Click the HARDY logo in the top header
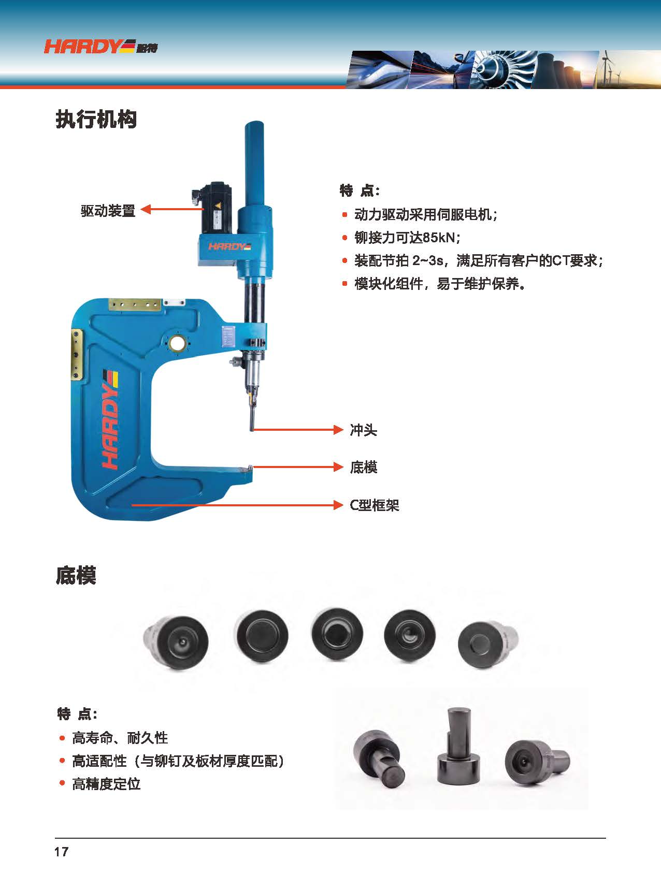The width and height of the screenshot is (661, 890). [x=100, y=47]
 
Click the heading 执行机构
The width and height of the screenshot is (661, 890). [x=96, y=119]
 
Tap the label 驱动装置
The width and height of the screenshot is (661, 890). [x=108, y=211]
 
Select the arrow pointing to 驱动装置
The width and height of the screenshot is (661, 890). [x=172, y=209]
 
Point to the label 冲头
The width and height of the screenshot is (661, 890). [x=363, y=430]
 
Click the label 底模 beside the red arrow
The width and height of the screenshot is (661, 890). [x=363, y=467]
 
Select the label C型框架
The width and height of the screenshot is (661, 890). [x=375, y=505]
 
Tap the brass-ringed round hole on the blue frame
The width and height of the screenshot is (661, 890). [x=177, y=342]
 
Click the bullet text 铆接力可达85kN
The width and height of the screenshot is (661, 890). [x=407, y=237]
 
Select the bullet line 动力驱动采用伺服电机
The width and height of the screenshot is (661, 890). [x=425, y=214]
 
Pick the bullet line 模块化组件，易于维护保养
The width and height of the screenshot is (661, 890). [x=440, y=284]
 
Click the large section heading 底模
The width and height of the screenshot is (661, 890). [x=76, y=575]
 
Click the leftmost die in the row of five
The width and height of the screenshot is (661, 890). [x=176, y=643]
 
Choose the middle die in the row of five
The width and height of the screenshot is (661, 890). [x=337, y=634]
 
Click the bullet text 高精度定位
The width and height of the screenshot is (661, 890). [x=106, y=784]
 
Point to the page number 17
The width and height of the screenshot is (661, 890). [x=61, y=852]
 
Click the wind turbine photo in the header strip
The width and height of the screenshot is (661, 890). [x=628, y=69]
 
